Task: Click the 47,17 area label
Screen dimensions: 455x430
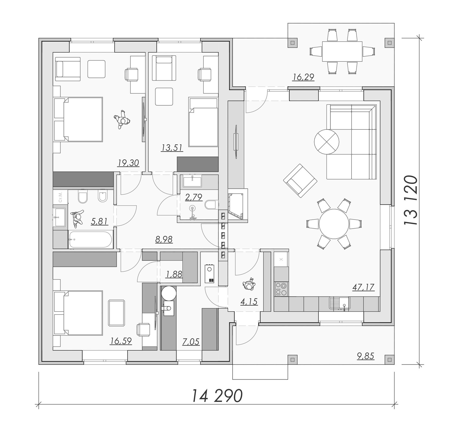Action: tap(363, 287)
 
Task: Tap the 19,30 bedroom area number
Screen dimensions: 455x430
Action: tap(128, 163)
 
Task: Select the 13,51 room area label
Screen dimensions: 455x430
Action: tap(172, 148)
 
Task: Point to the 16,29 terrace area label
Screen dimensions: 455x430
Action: tap(303, 77)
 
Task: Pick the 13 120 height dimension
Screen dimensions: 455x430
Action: tap(411, 200)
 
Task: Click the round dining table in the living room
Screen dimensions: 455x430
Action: tap(334, 224)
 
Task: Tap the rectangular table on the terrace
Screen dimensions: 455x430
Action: tap(342, 51)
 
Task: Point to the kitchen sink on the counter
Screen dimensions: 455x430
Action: tap(340, 303)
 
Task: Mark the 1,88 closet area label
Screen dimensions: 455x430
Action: tap(174, 275)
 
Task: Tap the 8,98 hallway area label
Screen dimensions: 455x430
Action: tap(164, 239)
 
